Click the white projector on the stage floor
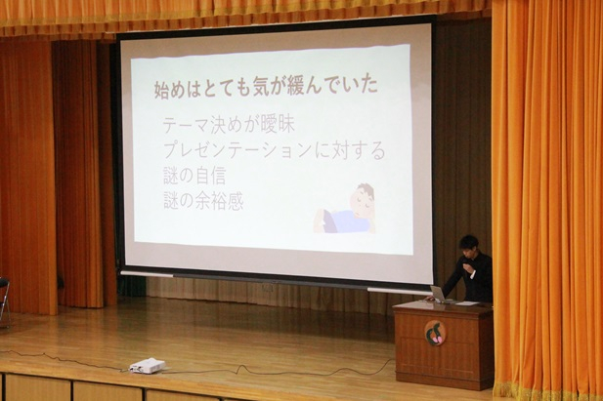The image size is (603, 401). [147, 365]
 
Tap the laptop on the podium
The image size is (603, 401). [439, 294]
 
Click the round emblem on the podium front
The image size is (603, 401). [435, 333]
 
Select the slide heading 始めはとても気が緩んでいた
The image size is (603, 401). [266, 87]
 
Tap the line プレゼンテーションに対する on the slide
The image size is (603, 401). [274, 151]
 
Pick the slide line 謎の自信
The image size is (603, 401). [196, 177]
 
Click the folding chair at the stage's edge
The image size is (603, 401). [4, 299]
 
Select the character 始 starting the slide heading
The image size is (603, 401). [163, 88]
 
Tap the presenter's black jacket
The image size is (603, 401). [479, 278]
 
